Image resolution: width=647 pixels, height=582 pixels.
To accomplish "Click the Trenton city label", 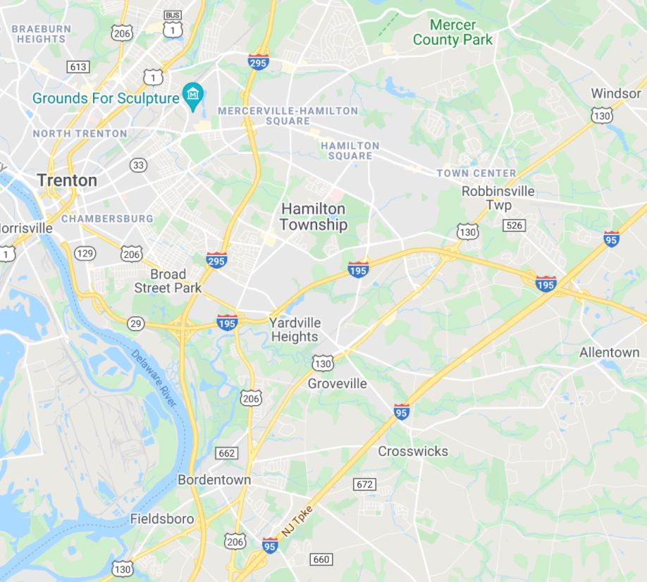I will (67, 180).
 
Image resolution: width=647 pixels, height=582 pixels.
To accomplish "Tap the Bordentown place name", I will (214, 480).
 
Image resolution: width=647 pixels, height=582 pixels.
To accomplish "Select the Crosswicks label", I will (413, 451).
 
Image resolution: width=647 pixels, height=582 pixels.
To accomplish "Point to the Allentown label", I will (609, 352).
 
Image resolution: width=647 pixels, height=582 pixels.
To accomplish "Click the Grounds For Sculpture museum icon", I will (192, 94).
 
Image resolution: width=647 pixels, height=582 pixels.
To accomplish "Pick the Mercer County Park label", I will (453, 32).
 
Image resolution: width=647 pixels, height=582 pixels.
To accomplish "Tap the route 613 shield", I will (78, 67).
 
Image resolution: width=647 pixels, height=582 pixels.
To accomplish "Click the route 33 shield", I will (138, 165).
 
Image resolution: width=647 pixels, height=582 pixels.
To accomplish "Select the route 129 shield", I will (85, 253).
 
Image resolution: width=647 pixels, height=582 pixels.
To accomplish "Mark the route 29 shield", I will (136, 323).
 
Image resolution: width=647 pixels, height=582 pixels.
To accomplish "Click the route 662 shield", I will (227, 453).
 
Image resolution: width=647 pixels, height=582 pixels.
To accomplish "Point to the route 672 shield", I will (365, 485).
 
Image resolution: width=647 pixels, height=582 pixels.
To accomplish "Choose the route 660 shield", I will (321, 559).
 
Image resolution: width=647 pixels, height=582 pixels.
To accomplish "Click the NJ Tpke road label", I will (298, 521).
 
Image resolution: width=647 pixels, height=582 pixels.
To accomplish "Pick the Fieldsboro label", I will (162, 519).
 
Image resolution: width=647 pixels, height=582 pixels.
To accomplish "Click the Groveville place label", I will (338, 384).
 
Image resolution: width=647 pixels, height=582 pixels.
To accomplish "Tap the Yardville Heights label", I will (295, 330).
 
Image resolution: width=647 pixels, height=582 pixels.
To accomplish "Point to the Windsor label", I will (616, 93).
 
